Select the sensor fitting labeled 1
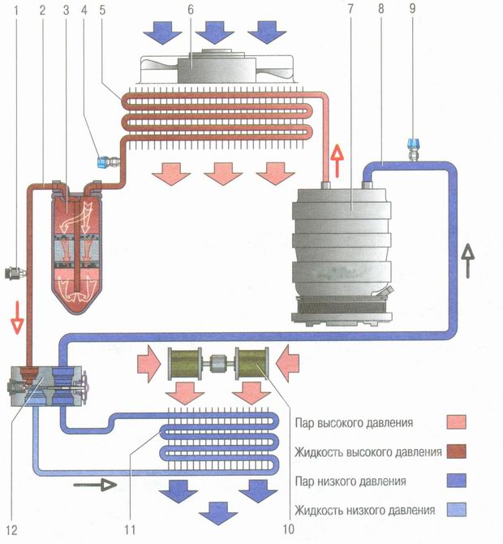[x=15, y=268]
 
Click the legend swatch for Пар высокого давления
[x=460, y=422]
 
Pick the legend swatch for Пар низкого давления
[x=460, y=481]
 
